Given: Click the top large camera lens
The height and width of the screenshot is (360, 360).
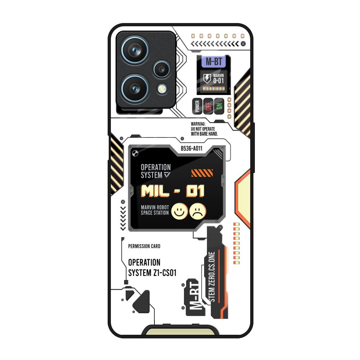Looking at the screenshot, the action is [135, 50].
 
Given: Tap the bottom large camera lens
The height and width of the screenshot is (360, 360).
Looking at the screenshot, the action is [135, 89].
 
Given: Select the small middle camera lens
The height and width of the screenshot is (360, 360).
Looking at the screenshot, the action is [162, 69].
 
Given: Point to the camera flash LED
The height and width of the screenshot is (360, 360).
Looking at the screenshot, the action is [162, 89].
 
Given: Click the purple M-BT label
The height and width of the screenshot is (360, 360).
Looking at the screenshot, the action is [214, 62].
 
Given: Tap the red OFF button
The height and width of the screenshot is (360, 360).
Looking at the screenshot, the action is [208, 106].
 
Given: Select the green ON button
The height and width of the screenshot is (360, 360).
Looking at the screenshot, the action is [219, 106].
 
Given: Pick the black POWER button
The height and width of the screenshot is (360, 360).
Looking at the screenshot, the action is [197, 106].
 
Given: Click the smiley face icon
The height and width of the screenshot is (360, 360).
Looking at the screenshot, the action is [180, 211].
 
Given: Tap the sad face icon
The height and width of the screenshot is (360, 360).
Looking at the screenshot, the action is [198, 211].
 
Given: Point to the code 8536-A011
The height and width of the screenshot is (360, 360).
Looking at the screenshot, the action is [192, 148].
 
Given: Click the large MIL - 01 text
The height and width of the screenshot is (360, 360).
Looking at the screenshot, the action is [173, 191].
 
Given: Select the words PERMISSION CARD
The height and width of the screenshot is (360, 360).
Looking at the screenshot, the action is [144, 246].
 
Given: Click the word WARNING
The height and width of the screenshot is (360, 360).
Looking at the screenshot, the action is [198, 124].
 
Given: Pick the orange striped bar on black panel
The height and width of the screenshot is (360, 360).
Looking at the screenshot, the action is [202, 173].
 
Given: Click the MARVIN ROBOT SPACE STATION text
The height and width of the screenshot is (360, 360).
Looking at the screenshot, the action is [155, 210].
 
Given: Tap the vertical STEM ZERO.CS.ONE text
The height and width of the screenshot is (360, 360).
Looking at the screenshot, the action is [212, 277].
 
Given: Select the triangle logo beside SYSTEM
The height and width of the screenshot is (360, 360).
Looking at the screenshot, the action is [167, 175].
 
